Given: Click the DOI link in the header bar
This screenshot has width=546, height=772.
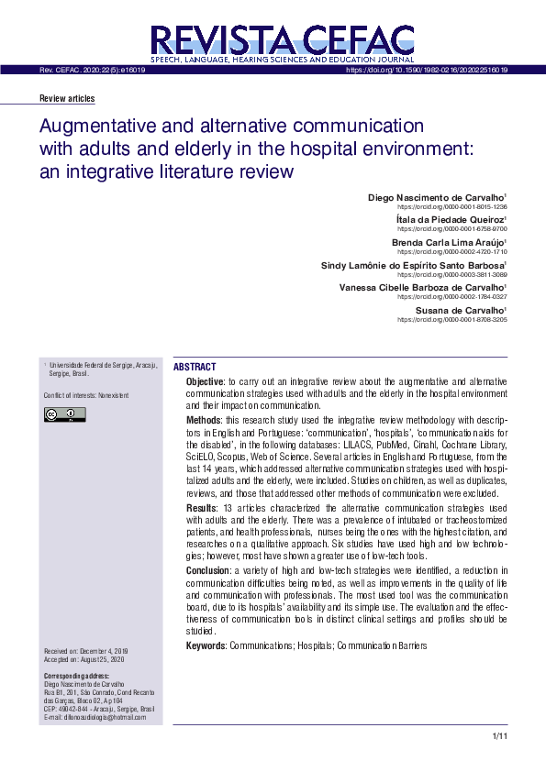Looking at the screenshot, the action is pyautogui.click(x=427, y=70).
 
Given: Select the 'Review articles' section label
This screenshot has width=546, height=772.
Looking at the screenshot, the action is pyautogui.click(x=67, y=99).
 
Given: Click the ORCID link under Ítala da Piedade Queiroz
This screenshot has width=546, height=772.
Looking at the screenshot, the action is pyautogui.click(x=452, y=229).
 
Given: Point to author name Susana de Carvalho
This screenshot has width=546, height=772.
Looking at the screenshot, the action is pyautogui.click(x=461, y=311).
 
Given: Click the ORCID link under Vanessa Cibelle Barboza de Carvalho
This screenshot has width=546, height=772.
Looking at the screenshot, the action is pyautogui.click(x=452, y=297).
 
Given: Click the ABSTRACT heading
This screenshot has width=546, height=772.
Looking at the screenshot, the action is pyautogui.click(x=195, y=367).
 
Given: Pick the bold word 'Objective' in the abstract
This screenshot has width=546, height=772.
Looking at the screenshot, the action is pyautogui.click(x=205, y=380).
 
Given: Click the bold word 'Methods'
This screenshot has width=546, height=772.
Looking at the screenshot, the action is pyautogui.click(x=203, y=418).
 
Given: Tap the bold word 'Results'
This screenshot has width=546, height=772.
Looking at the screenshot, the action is pyautogui.click(x=201, y=508).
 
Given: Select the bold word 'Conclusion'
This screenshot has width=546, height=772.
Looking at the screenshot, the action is pyautogui.click(x=206, y=571).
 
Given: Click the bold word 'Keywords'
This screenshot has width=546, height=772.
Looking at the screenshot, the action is pyautogui.click(x=206, y=646).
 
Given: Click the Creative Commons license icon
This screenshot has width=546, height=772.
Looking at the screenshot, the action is pyautogui.click(x=64, y=415).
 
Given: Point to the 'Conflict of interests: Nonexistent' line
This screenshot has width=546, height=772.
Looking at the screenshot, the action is pyautogui.click(x=84, y=396).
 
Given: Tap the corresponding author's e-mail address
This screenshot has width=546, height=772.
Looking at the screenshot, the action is pyautogui.click(x=95, y=717).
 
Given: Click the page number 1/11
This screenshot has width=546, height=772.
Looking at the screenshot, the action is pyautogui.click(x=499, y=736).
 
